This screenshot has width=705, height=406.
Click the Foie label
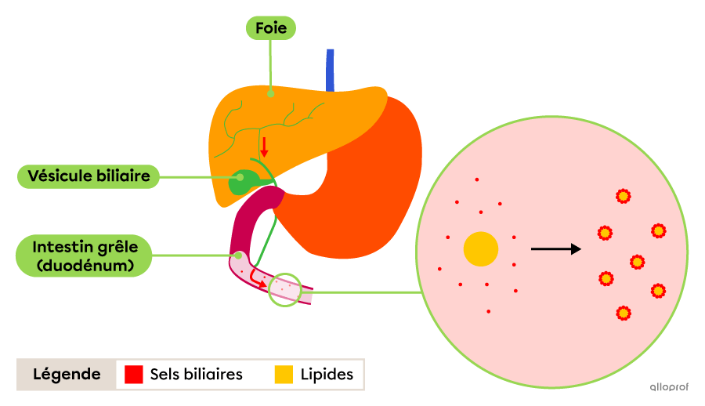pos(271,28)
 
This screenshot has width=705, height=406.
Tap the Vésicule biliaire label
pos(89,176)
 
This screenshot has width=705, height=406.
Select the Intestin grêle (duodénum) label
pos(84,256)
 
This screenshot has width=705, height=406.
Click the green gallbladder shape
pos(243,182)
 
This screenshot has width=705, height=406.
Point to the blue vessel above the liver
pos(330,71)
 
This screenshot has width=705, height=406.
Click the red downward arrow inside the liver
pos(264,147)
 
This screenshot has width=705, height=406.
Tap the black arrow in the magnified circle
pos(555,248)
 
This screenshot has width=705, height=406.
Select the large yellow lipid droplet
pos(481,249)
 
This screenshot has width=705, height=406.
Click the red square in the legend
pos(133,374)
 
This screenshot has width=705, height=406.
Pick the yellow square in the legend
pos(284,374)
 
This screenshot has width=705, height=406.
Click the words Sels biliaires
pos(196,374)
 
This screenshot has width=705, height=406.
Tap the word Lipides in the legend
pos(327,375)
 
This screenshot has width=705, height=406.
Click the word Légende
pos(67,374)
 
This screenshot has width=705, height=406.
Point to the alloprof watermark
pos(669,386)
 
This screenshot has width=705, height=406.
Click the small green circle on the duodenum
pos(284,290)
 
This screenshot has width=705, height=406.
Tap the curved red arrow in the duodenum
pos(257,279)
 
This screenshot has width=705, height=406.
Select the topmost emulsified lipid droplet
pos(624,196)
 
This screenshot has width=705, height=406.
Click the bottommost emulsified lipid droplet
pos(624,313)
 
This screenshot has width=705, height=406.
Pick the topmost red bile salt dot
pos(476,179)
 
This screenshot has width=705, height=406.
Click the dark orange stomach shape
pos(360,189)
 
